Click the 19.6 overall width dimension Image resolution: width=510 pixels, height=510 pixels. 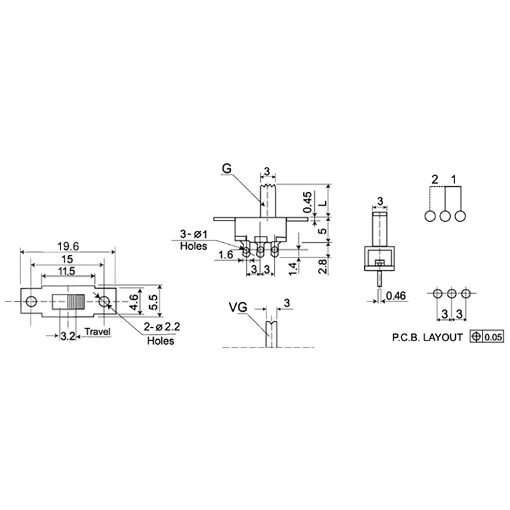(68, 246)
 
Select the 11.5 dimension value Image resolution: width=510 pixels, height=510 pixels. (67, 271)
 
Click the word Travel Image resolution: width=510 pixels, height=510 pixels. (98, 331)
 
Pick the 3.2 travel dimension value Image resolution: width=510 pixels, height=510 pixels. (68, 337)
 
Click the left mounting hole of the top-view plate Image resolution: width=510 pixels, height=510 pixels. (31, 302)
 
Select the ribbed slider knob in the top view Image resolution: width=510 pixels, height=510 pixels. (76, 302)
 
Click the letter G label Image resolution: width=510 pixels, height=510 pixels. (226, 168)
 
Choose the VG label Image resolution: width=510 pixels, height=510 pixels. (238, 307)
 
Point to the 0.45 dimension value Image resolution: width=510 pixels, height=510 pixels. (308, 202)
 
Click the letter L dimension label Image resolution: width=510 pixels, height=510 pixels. (323, 203)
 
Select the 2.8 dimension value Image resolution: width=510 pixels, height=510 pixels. (323, 266)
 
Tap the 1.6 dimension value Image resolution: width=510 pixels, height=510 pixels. (226, 254)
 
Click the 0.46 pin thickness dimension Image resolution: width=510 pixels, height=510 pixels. (396, 296)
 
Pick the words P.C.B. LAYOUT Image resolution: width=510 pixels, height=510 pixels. (427, 337)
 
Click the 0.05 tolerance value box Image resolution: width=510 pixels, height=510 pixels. (493, 337)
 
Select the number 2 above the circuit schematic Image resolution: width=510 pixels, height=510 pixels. (435, 179)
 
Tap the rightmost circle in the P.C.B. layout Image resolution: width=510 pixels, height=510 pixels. (466, 293)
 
